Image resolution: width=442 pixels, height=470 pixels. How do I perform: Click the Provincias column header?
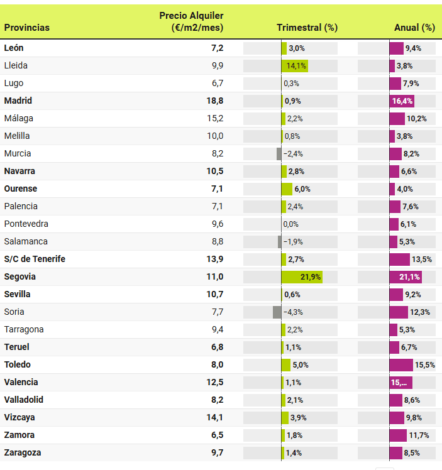[27, 28]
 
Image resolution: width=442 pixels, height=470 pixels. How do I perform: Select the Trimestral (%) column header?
[307, 28]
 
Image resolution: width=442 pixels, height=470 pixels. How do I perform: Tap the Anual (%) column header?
[414, 28]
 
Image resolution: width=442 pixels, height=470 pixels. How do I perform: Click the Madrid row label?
[18, 101]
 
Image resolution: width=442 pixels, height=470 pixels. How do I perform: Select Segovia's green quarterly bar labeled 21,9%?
[302, 276]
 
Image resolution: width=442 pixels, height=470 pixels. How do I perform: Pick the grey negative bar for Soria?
[277, 312]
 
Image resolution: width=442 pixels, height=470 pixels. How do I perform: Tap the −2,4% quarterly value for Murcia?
[293, 153]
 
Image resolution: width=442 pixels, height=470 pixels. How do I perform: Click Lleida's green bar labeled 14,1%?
[294, 65]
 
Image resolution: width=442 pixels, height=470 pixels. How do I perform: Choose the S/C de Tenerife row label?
[35, 259]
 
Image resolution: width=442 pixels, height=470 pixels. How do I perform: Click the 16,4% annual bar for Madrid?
[402, 101]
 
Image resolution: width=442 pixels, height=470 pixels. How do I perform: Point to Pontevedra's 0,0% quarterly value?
[290, 224]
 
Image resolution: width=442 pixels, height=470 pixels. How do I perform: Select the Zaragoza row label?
[23, 452]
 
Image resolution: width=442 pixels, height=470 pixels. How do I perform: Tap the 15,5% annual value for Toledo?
[425, 364]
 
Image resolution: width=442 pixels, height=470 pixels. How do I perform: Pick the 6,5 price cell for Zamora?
[217, 435]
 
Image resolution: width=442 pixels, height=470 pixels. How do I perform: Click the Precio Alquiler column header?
[191, 21]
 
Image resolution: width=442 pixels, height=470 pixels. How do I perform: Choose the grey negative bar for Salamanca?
[279, 241]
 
